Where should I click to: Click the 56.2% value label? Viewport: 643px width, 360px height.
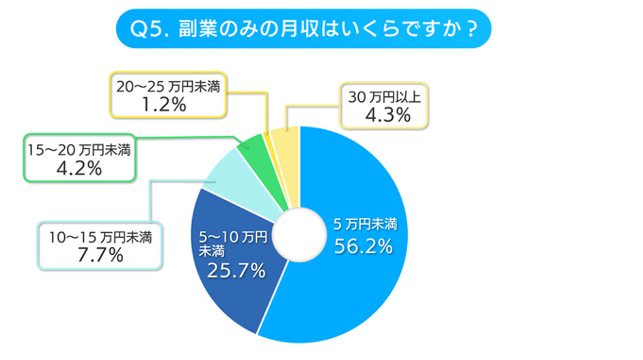(x=363, y=246)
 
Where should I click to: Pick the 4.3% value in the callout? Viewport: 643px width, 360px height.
(x=386, y=115)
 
